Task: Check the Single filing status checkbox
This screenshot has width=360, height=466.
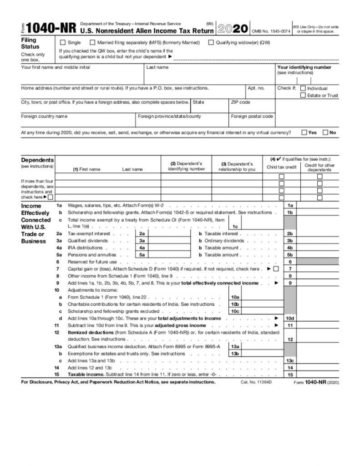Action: click(63, 42)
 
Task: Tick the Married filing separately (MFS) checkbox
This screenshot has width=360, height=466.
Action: click(93, 42)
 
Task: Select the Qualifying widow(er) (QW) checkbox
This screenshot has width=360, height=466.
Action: click(211, 42)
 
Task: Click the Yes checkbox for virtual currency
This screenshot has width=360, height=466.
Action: click(304, 132)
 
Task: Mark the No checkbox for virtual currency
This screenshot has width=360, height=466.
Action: click(325, 132)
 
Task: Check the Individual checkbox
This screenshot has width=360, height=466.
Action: click(303, 88)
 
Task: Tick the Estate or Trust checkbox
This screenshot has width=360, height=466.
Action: click(303, 96)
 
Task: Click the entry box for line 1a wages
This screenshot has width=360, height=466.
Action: click(318, 206)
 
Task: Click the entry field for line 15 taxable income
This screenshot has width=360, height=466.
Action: click(318, 375)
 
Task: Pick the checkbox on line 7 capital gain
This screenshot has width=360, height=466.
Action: click(276, 269)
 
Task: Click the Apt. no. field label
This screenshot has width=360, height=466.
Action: click(256, 88)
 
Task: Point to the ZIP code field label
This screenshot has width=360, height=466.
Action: click(240, 102)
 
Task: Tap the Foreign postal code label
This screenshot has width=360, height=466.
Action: click(252, 116)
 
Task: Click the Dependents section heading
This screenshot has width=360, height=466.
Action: click(37, 160)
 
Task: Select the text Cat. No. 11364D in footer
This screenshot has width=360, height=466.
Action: click(256, 382)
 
